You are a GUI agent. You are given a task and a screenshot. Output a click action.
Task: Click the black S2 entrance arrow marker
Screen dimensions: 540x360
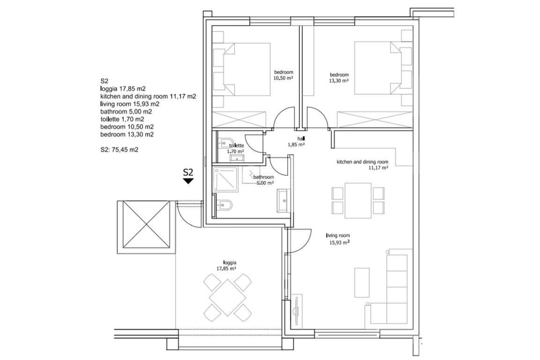tap(188, 180)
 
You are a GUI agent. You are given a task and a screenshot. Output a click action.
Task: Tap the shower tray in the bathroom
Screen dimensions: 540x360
tap(225, 180)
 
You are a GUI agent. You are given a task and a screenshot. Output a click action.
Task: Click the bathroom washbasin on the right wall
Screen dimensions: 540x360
tap(284, 200)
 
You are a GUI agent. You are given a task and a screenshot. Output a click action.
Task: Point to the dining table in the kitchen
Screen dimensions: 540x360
tap(358, 201)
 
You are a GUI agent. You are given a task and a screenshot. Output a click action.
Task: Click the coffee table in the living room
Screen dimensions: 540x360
tap(362, 283)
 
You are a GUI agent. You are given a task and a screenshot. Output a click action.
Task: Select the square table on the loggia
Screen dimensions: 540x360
tap(227, 297)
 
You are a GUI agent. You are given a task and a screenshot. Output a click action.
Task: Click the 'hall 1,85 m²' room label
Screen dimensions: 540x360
tap(296, 142)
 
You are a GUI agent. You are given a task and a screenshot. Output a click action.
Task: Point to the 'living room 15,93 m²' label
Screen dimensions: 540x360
tap(338, 239)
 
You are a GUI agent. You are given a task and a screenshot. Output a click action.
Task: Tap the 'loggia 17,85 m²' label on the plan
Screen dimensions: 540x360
tap(226, 265)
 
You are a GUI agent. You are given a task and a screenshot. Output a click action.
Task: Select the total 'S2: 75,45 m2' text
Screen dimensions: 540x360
tap(119, 150)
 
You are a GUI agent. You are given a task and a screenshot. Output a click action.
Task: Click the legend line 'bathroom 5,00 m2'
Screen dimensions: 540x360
tap(126, 112)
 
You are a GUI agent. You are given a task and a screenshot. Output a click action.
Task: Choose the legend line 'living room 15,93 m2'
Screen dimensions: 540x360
tap(130, 104)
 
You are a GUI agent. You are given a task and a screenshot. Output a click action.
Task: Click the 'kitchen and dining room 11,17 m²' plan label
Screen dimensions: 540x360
tap(362, 165)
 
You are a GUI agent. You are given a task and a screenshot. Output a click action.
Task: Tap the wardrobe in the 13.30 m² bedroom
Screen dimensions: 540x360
tap(375, 120)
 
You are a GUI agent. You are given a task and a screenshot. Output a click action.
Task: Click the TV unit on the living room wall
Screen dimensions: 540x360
tap(297, 311)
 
